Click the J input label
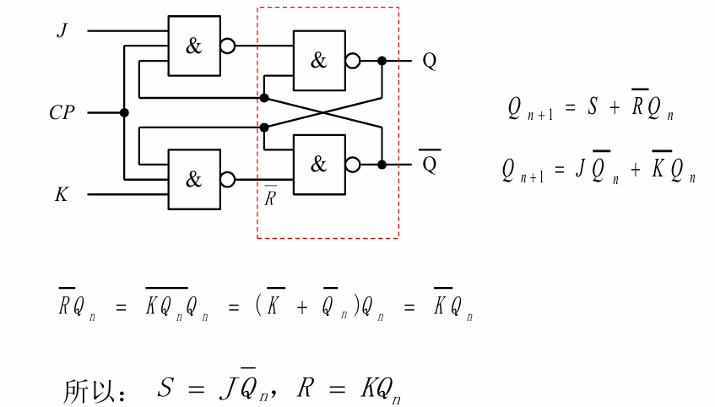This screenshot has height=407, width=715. pos(62,30)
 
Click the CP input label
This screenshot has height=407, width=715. pos(62,112)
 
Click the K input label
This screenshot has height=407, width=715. pos(62,195)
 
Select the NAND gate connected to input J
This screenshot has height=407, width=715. pos(193,46)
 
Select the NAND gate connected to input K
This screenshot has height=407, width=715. pos(193,179)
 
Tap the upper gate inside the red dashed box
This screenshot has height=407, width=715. pos(318,61)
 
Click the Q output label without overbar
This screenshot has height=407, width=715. pos(429,62)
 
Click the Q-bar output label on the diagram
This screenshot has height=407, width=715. pos(429,164)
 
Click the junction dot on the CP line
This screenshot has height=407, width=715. pos(124,112)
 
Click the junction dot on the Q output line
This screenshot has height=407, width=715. pos(382,61)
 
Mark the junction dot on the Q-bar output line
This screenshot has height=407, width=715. pos(382,165)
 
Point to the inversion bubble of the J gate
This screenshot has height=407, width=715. pos(228,46)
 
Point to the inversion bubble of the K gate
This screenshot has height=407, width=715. pos(228,179)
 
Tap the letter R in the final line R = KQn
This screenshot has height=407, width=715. pos(306,388)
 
